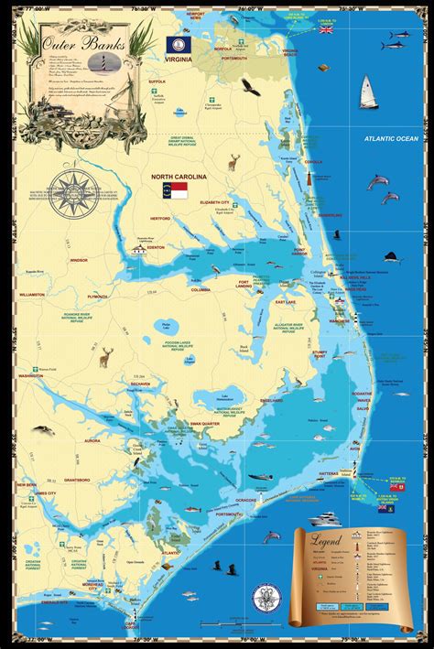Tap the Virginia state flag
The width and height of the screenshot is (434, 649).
point(175,42)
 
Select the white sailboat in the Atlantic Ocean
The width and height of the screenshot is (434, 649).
point(368,92)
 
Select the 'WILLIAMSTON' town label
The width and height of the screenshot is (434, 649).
point(31,295)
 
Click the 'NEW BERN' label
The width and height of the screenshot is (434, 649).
point(27,484)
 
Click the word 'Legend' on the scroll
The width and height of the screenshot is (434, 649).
point(325,542)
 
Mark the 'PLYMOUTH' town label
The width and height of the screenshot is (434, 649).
point(98,297)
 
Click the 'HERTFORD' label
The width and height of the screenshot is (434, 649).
point(163,217)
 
